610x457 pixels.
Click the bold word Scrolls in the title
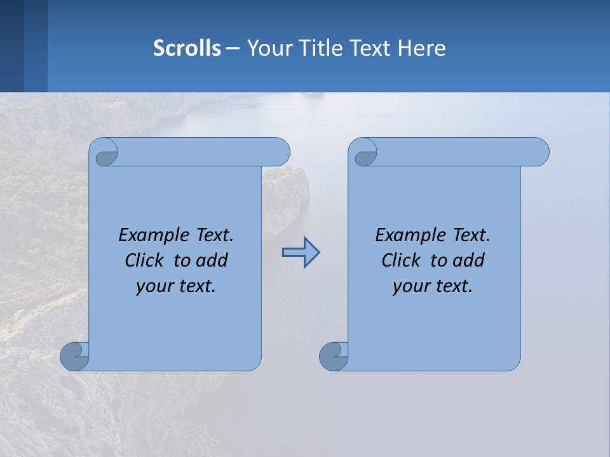(187, 48)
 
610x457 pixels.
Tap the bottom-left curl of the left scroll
(74, 356)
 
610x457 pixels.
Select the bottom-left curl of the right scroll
(333, 356)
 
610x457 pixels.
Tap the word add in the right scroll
(470, 261)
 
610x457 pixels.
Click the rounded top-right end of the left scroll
(280, 152)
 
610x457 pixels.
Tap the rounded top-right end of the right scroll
(539, 152)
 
